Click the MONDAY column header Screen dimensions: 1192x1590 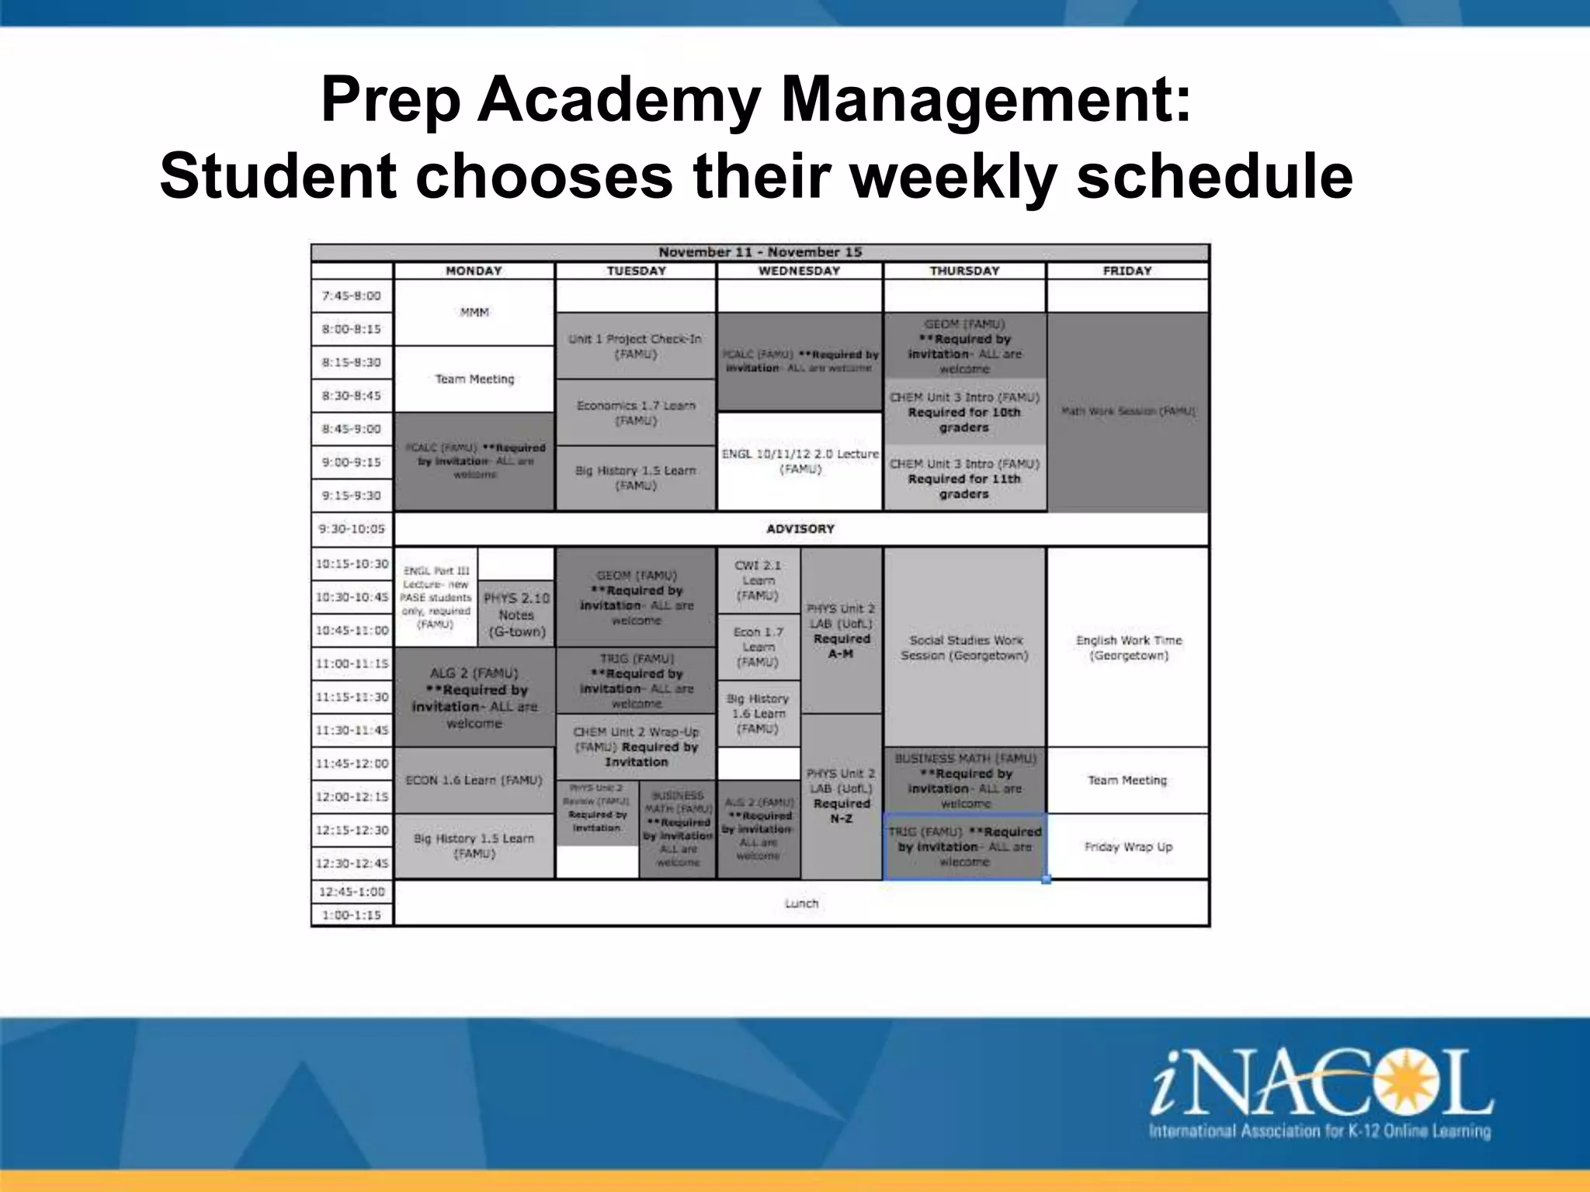(474, 271)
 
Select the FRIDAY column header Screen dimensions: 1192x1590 (1127, 271)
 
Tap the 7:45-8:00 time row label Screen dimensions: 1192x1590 (352, 296)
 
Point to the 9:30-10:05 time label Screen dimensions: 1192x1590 (352, 528)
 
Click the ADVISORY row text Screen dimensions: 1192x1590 (800, 528)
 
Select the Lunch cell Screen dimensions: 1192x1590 (801, 903)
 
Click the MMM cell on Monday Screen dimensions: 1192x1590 (474, 312)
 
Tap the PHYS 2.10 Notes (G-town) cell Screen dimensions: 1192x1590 (516, 614)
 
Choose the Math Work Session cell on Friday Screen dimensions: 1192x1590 (1127, 411)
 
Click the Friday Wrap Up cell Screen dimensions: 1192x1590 (1127, 847)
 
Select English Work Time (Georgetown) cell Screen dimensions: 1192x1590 (1128, 647)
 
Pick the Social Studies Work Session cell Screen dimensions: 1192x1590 (964, 647)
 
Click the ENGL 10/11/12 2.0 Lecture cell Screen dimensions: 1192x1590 (800, 461)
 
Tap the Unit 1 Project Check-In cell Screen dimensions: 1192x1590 (635, 346)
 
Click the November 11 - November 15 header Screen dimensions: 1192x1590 (759, 252)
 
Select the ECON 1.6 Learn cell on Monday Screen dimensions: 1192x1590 (474, 780)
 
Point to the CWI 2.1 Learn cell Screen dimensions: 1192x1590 (758, 580)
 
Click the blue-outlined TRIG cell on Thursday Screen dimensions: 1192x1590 (964, 847)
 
